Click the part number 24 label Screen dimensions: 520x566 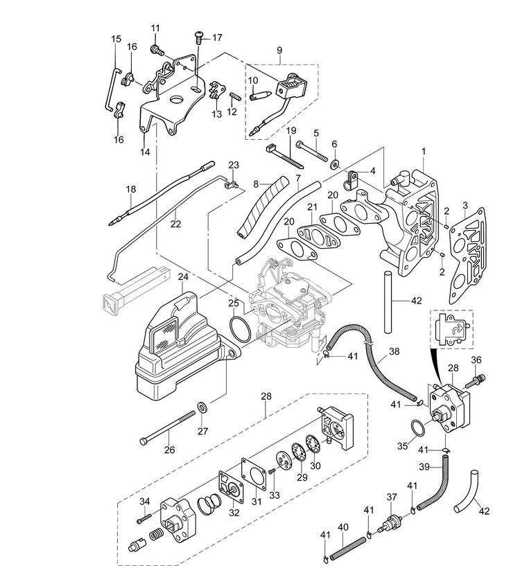coord(183,277)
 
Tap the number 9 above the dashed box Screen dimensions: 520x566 coord(279,51)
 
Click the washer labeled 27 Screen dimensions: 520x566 coord(203,407)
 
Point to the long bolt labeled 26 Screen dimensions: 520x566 coord(168,428)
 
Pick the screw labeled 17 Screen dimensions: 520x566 coord(199,37)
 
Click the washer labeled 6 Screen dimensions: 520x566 coord(336,165)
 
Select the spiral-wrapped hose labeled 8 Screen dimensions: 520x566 coord(263,206)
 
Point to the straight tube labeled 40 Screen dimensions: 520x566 coord(347,547)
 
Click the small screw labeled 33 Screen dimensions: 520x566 coord(272,470)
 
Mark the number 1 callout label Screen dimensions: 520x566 coord(424,152)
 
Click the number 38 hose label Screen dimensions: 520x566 coord(394,351)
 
